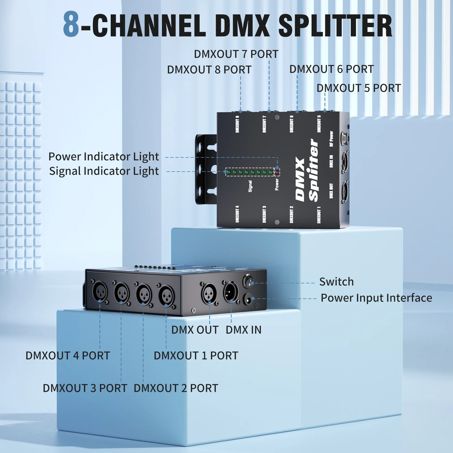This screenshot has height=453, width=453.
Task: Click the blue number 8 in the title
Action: pyautogui.click(x=71, y=25)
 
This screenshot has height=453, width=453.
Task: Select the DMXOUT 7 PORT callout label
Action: pyautogui.click(x=236, y=54)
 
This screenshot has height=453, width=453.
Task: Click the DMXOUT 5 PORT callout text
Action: pyautogui.click(x=358, y=88)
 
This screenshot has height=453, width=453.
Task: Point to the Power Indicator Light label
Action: pyautogui.click(x=104, y=157)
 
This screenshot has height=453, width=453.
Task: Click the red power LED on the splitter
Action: pyautogui.click(x=277, y=172)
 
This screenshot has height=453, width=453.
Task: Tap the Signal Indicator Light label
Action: pyautogui.click(x=104, y=171)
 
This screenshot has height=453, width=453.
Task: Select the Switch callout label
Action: pyautogui.click(x=336, y=282)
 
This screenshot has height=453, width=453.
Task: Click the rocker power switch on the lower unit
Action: pyautogui.click(x=249, y=281)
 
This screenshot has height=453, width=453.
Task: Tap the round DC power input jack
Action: pyautogui.click(x=249, y=299)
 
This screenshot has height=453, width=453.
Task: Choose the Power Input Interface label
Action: pyautogui.click(x=376, y=298)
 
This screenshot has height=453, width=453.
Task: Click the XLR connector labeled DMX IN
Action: pyautogui.click(x=231, y=292)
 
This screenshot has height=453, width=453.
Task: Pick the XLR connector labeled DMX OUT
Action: pyautogui.click(x=209, y=293)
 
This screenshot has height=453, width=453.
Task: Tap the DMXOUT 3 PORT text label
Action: pyautogui.click(x=85, y=388)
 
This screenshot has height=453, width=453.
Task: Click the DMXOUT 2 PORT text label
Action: pyautogui.click(x=176, y=388)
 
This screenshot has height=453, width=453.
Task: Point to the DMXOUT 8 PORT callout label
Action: pyautogui.click(x=209, y=70)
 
